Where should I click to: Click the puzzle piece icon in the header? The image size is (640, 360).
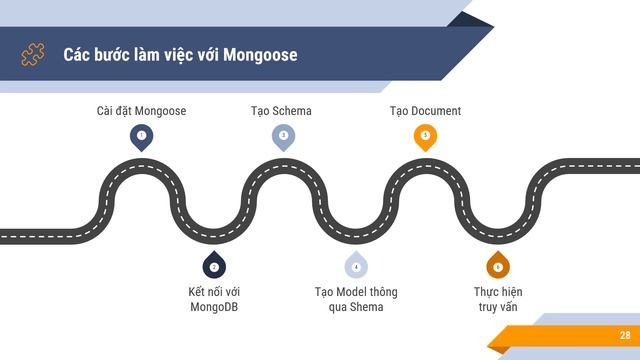click(x=33, y=54)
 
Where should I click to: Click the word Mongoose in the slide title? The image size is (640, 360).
click(x=260, y=55)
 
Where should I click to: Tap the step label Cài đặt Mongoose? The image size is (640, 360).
click(x=141, y=111)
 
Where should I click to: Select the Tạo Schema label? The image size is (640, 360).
click(x=281, y=111)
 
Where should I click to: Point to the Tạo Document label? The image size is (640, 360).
click(x=425, y=111)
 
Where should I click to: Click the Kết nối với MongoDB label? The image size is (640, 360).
click(x=214, y=299)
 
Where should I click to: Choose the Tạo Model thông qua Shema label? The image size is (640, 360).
click(x=356, y=299)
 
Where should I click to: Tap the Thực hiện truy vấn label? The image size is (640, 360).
click(x=498, y=299)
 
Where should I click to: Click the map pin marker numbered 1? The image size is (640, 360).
click(x=142, y=138)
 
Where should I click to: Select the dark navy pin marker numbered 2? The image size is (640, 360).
click(x=214, y=265)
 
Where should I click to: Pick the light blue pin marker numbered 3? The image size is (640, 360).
click(x=284, y=138)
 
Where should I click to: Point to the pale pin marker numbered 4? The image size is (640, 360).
click(x=356, y=265)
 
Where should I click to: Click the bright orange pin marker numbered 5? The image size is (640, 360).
click(x=425, y=138)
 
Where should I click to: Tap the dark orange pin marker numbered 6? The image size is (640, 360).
click(x=498, y=265)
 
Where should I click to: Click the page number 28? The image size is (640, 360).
click(x=625, y=335)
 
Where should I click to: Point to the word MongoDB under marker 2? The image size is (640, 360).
click(x=214, y=307)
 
